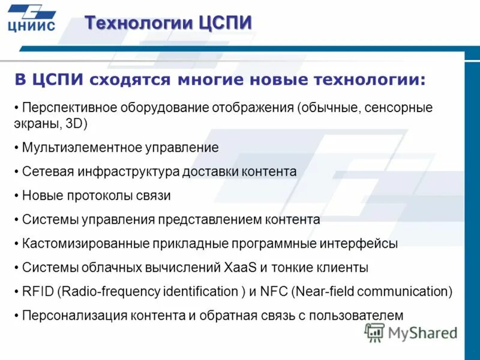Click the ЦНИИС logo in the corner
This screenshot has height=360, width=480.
point(32,17)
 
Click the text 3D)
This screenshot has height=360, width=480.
point(76,125)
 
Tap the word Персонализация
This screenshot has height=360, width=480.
point(68,316)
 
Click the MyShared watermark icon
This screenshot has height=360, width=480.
point(374,332)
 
